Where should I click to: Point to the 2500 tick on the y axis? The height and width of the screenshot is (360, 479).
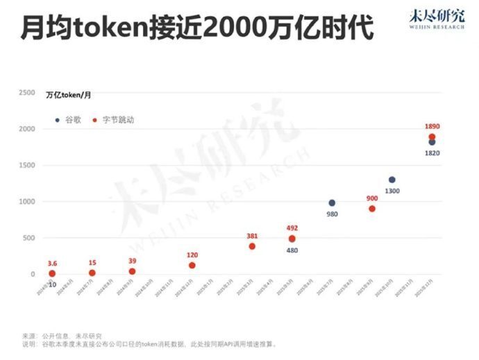pos(26,92)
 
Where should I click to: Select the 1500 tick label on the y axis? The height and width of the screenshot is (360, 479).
pos(26,165)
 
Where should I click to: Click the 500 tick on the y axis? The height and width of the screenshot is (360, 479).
pos(28,238)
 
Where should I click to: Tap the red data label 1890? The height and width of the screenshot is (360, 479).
pos(432,126)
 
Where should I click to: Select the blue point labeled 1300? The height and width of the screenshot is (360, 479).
pos(392,180)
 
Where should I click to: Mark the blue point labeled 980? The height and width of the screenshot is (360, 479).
pos(332,203)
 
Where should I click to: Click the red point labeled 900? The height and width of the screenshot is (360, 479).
pos(372,209)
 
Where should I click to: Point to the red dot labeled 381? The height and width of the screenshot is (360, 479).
pos(252,246)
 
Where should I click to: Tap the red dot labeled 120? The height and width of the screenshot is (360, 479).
pos(192,266)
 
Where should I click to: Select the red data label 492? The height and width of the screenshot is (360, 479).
pos(292,228)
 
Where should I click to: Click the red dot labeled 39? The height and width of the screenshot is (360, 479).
pos(132,271)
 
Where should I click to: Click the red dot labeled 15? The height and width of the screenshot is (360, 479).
pos(92,273)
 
